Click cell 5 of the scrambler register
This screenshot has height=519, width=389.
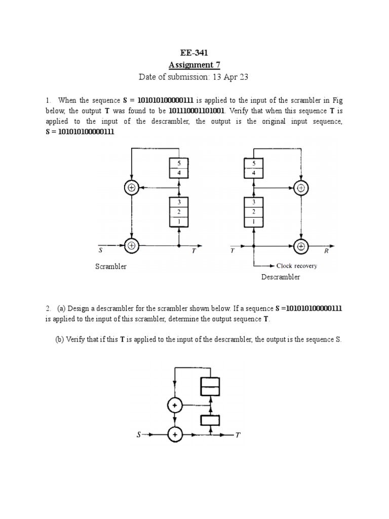pyautogui.click(x=179, y=163)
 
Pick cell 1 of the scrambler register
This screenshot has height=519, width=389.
pyautogui.click(x=179, y=221)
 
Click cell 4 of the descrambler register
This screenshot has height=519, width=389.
pyautogui.click(x=254, y=173)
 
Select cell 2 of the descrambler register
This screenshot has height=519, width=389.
pyautogui.click(x=254, y=212)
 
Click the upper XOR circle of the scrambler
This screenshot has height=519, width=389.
pyautogui.click(x=132, y=188)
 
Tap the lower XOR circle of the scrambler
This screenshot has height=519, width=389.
pyautogui.click(x=132, y=245)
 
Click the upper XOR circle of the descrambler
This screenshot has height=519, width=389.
pyautogui.click(x=301, y=188)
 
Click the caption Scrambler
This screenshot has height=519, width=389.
pyautogui.click(x=111, y=267)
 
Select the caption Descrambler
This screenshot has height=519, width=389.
pyautogui.click(x=281, y=277)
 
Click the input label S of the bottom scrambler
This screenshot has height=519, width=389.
pyautogui.click(x=138, y=434)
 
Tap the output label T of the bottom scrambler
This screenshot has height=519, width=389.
pyautogui.click(x=238, y=435)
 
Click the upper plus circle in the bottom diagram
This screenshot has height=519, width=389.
pyautogui.click(x=175, y=405)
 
